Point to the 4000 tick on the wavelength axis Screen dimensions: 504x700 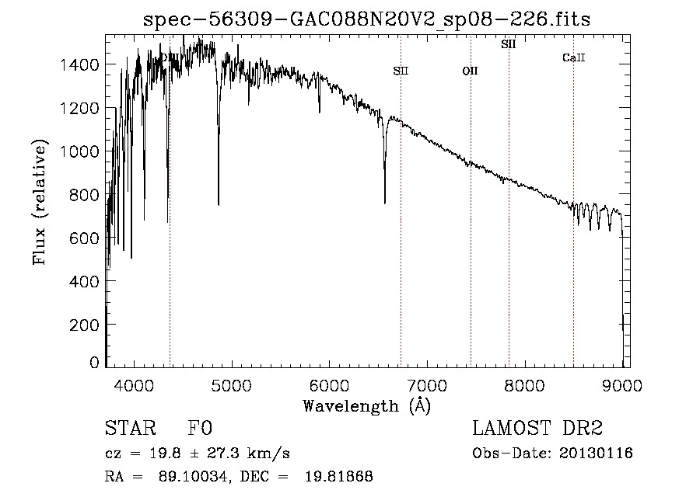click(x=134, y=384)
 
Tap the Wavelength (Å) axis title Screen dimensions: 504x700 click(x=366, y=405)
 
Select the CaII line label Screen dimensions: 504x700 click(x=573, y=57)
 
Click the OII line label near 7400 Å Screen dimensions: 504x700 click(x=470, y=71)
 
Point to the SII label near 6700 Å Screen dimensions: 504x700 click(x=401, y=71)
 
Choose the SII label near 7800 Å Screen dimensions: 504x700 click(x=509, y=45)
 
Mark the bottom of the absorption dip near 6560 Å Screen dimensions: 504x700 click(x=385, y=203)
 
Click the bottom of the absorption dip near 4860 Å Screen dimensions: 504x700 click(x=219, y=204)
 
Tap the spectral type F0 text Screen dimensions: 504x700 click(x=200, y=429)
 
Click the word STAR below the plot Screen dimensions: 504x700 click(x=129, y=429)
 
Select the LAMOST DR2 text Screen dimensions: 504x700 click(x=537, y=429)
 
